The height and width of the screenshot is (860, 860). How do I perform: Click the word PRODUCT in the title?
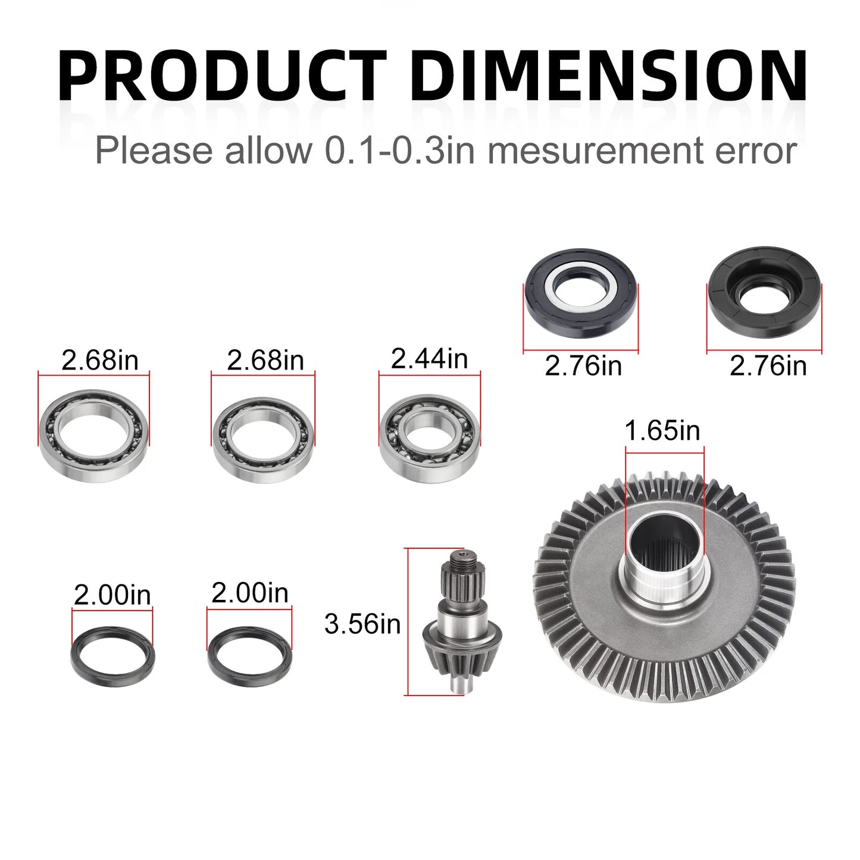221,76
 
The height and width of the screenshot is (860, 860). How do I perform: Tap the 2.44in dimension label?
429,359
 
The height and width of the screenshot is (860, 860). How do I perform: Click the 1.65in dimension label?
662,430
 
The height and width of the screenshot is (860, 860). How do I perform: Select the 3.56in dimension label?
362,624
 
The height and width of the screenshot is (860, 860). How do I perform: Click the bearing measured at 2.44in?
429,437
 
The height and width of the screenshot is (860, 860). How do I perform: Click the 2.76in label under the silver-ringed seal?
583,365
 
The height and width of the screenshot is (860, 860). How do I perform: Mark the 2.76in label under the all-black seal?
768,365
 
